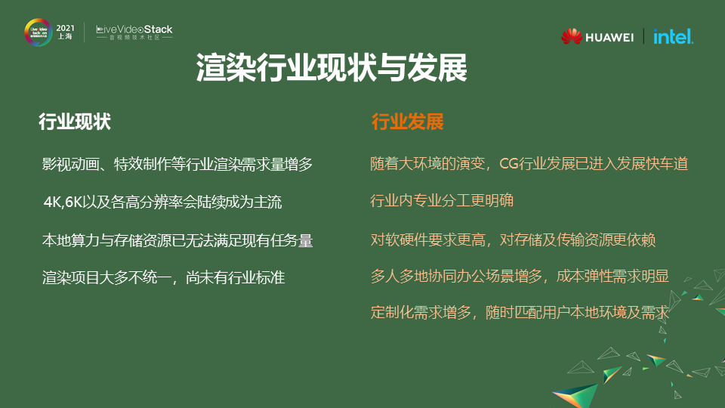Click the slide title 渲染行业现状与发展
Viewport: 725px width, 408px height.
[332, 68]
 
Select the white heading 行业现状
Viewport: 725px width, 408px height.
[75, 122]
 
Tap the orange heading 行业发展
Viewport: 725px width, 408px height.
[407, 122]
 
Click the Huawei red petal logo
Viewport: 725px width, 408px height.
[572, 36]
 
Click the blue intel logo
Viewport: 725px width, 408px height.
[673, 36]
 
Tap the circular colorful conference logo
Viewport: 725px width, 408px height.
[37, 32]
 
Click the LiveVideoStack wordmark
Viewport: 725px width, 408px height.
[134, 29]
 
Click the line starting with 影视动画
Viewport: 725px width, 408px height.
[177, 164]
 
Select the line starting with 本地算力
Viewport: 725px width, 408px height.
[177, 241]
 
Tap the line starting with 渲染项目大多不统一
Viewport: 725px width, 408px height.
[163, 277]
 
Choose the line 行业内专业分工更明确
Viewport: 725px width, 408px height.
[442, 202]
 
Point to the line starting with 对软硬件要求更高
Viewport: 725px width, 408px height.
[513, 240]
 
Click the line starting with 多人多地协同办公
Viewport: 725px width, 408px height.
[520, 277]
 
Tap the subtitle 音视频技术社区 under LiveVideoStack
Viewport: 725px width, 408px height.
[134, 38]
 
